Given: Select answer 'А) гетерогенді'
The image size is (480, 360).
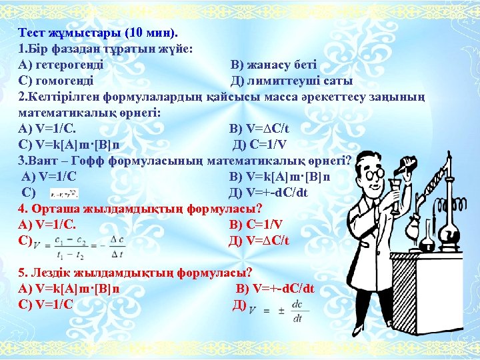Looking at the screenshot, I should click(61, 65).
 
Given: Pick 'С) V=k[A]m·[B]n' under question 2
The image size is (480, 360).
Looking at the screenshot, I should click(70, 145).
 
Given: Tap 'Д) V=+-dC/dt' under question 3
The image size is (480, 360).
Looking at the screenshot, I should click(269, 193).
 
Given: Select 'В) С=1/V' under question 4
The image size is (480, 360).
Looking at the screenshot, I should click(255, 225).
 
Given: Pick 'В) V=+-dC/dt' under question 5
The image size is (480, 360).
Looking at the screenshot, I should click(275, 289).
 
